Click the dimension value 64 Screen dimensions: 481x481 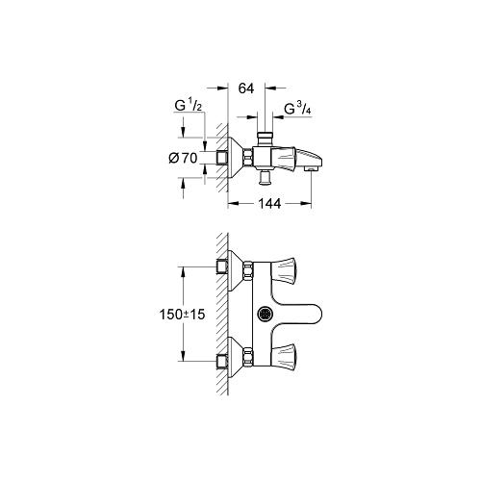point(246,89)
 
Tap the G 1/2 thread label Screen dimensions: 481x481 point(189,105)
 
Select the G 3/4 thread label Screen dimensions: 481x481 point(297,109)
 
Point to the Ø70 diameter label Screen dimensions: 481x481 point(183,158)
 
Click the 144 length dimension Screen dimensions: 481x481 point(269,203)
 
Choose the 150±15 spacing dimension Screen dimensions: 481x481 point(182,315)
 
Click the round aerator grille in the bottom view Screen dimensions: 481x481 point(265,314)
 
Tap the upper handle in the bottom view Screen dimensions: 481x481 point(283,270)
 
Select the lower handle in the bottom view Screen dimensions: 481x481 point(283,356)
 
